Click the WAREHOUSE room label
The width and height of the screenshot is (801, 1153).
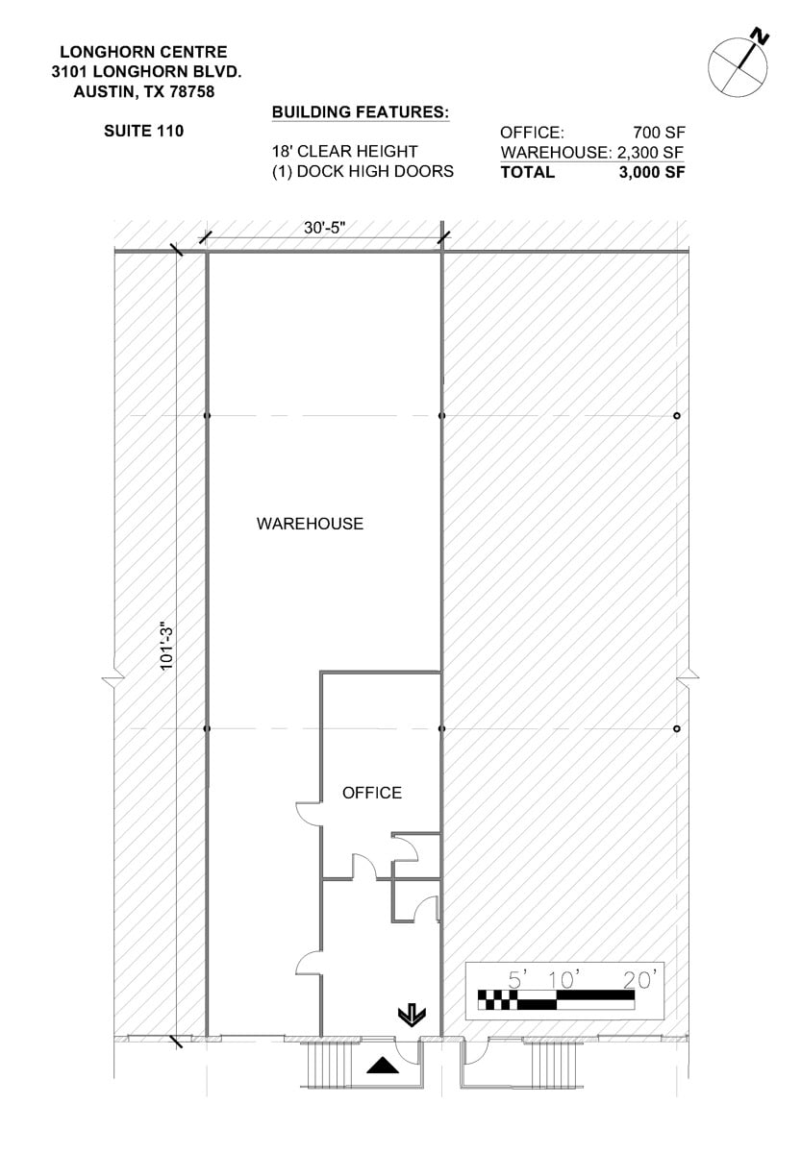(x=310, y=524)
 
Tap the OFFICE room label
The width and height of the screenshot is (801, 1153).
(x=372, y=793)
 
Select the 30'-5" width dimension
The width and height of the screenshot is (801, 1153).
(x=324, y=228)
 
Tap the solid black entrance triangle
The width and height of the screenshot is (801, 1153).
(x=383, y=1064)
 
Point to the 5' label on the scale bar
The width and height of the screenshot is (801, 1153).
(x=519, y=979)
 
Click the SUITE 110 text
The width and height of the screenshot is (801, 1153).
(x=143, y=131)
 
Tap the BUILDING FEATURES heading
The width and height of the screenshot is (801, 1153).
(x=361, y=112)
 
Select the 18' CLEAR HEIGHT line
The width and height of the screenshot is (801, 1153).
(x=344, y=152)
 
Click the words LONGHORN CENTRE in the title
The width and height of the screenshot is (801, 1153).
(x=143, y=52)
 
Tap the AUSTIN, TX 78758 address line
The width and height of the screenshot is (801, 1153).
(x=143, y=92)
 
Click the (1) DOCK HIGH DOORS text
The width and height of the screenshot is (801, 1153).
(x=363, y=172)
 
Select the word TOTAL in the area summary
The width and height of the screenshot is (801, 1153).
(x=527, y=173)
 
